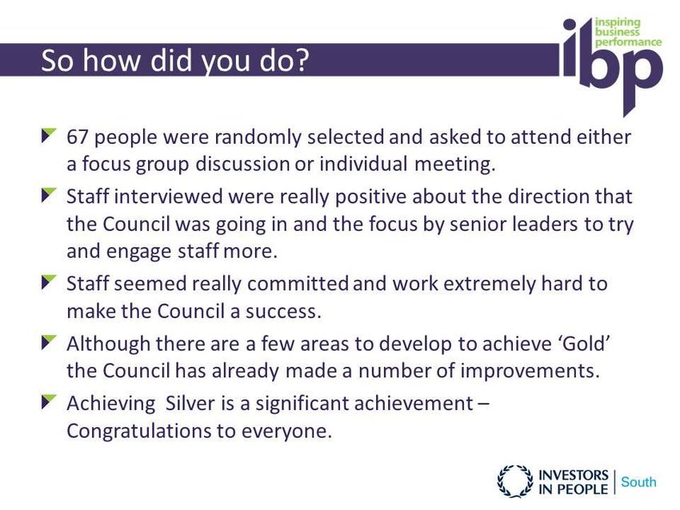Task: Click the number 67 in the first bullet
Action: click(x=77, y=137)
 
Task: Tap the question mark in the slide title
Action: click(x=301, y=60)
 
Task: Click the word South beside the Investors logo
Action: click(x=638, y=482)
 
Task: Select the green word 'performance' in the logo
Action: click(x=628, y=42)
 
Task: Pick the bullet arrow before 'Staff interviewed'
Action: click(x=49, y=194)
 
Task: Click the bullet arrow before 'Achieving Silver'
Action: click(x=49, y=401)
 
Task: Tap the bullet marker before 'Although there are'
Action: click(x=49, y=341)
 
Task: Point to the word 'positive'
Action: click(x=370, y=197)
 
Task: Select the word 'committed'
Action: click(x=298, y=284)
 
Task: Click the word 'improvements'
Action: click(x=530, y=372)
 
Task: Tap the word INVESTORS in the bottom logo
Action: click(x=574, y=476)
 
